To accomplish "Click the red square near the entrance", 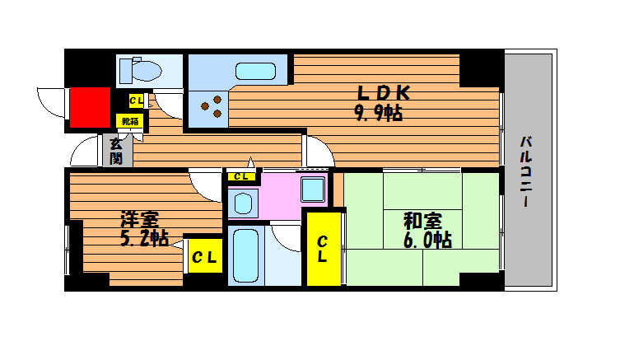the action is click(x=90, y=108).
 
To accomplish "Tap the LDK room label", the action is click(x=384, y=93).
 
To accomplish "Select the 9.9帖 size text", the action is click(x=379, y=113).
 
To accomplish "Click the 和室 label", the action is click(x=422, y=221).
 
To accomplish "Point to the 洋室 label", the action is click(x=140, y=220).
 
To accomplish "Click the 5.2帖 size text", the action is click(x=144, y=239).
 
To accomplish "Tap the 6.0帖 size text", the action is click(x=427, y=240).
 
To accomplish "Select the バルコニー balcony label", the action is click(x=526, y=171).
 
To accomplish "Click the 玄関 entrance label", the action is click(x=116, y=152).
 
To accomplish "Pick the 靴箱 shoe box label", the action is click(x=130, y=121).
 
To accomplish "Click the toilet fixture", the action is click(x=140, y=70).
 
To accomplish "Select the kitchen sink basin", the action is click(x=255, y=71).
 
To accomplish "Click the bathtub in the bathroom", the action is click(x=245, y=256).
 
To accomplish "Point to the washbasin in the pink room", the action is click(x=243, y=203).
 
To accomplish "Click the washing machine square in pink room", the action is click(x=313, y=189).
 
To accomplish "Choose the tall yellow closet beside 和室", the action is click(x=324, y=249).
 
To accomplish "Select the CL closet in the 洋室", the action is click(x=205, y=256).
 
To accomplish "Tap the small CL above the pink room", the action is click(x=240, y=176).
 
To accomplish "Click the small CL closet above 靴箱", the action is click(x=137, y=101).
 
